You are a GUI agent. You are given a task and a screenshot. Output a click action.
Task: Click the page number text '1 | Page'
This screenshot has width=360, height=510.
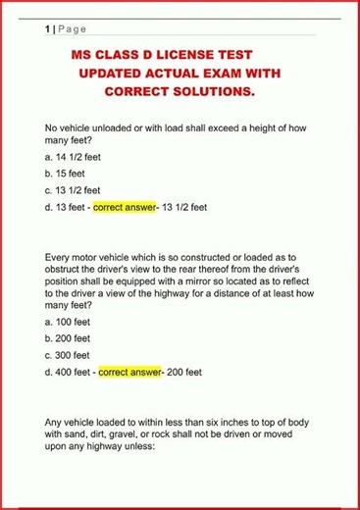tap(65, 29)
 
